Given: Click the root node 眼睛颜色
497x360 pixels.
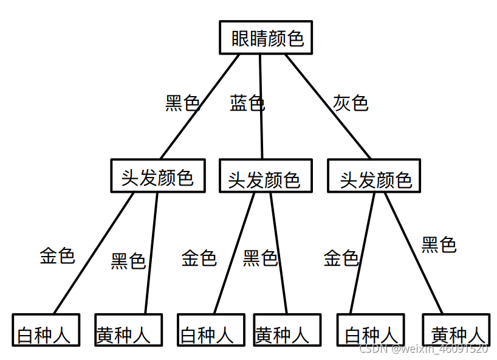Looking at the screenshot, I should tap(266, 38).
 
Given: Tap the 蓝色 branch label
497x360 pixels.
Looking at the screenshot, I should tap(247, 103).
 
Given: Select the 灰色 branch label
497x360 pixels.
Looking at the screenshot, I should tap(351, 103).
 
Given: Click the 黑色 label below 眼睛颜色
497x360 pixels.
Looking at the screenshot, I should tap(183, 103).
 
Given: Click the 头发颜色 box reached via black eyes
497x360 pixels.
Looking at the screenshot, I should tap(158, 176).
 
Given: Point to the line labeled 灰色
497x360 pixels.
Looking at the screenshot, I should tap(328, 106).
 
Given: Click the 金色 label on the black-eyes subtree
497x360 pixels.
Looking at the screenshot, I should tap(57, 255).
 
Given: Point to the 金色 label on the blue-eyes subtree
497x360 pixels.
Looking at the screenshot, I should tap(199, 258).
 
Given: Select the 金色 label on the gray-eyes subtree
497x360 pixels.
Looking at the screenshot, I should tap(341, 258).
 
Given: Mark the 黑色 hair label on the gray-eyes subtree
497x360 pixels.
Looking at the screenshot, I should tap(439, 244).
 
